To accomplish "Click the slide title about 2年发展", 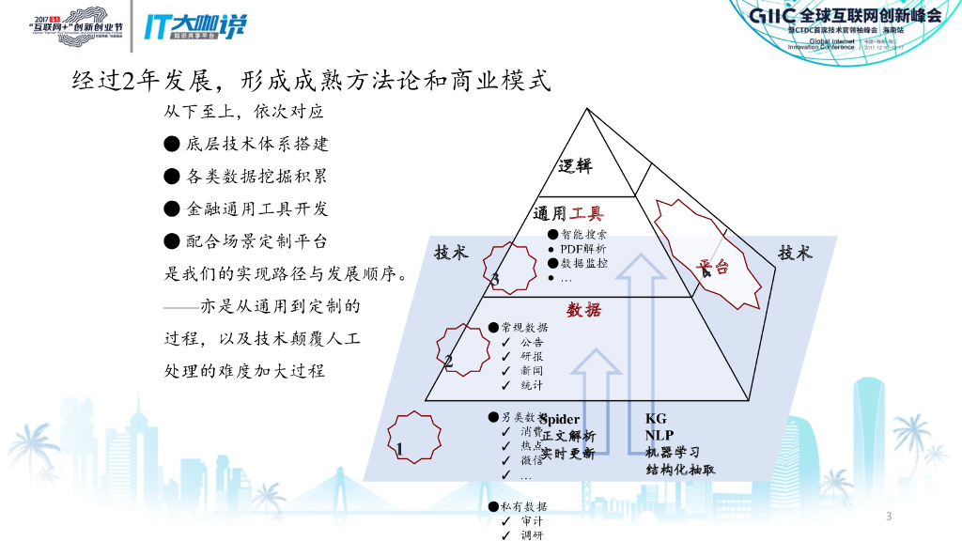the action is coord(310,81).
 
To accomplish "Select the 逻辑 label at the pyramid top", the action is coord(575,166).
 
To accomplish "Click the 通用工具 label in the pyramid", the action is coord(568,213).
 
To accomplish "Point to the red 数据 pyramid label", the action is coord(583,310).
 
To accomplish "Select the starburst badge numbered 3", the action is coord(504,270).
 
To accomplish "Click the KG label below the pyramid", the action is coord(655,418).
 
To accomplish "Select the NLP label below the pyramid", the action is coord(659,435).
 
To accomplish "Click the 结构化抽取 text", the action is coord(680,469).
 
